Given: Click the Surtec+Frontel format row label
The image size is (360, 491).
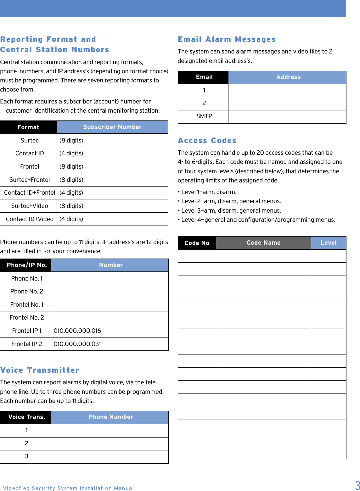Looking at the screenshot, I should [30, 180].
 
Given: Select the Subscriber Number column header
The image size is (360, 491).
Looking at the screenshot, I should [112, 127].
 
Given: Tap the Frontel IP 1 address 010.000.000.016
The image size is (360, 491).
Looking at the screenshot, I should [77, 331].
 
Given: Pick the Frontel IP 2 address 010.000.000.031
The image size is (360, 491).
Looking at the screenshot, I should [77, 344].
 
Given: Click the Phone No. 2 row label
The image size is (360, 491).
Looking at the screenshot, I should [27, 291].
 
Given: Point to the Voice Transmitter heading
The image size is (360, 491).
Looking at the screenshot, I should [40, 370].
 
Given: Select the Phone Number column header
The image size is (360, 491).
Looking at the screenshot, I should [111, 417].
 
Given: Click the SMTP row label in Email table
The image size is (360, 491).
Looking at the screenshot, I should [204, 116].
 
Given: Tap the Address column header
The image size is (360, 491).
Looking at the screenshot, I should [288, 77].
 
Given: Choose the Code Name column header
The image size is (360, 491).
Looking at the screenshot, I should [263, 243].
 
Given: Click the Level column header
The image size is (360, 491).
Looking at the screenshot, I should [329, 243].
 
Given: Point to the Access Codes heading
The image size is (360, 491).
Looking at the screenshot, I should [207, 141].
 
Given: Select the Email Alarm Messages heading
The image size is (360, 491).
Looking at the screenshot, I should [227, 39].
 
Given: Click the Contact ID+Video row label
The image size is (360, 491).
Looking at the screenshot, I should [30, 219].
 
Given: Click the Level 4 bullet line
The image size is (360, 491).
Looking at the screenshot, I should [256, 220].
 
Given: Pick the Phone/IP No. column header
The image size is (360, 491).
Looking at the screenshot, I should [27, 265].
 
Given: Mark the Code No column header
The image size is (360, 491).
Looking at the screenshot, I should [197, 243].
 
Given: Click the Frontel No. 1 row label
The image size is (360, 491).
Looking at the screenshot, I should [27, 304].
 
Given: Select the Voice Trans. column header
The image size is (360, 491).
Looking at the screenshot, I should [27, 417].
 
